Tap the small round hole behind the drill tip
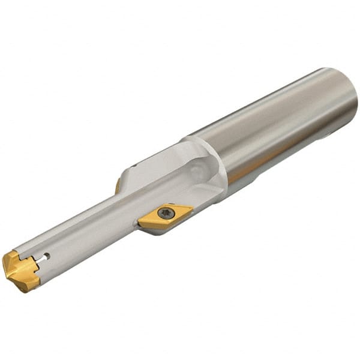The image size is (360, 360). click(47, 256)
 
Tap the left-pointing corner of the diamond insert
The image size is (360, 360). click(140, 223)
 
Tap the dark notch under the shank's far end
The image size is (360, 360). click(328, 136)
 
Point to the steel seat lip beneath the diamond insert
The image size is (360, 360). click(157, 230)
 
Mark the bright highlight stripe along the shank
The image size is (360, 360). click(270, 108)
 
